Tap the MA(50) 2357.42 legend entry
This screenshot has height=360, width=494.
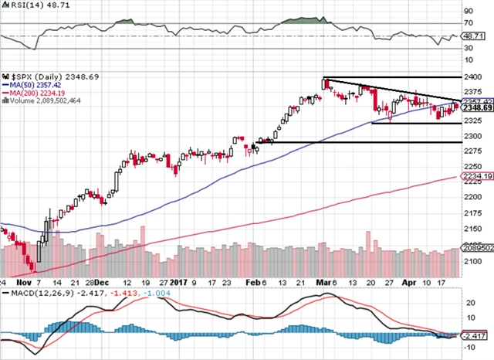(x=33, y=85)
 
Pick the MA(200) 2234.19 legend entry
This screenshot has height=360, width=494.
(x=36, y=93)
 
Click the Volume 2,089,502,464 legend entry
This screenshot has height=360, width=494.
(x=46, y=100)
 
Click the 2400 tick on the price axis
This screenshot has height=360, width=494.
(x=472, y=77)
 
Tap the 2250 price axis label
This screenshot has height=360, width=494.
(x=472, y=165)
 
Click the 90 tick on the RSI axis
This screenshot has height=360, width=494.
(x=468, y=11)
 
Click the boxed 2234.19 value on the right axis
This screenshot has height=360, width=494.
(x=477, y=177)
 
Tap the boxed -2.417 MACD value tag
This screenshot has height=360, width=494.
(x=477, y=337)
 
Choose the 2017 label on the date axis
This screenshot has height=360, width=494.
(x=178, y=284)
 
